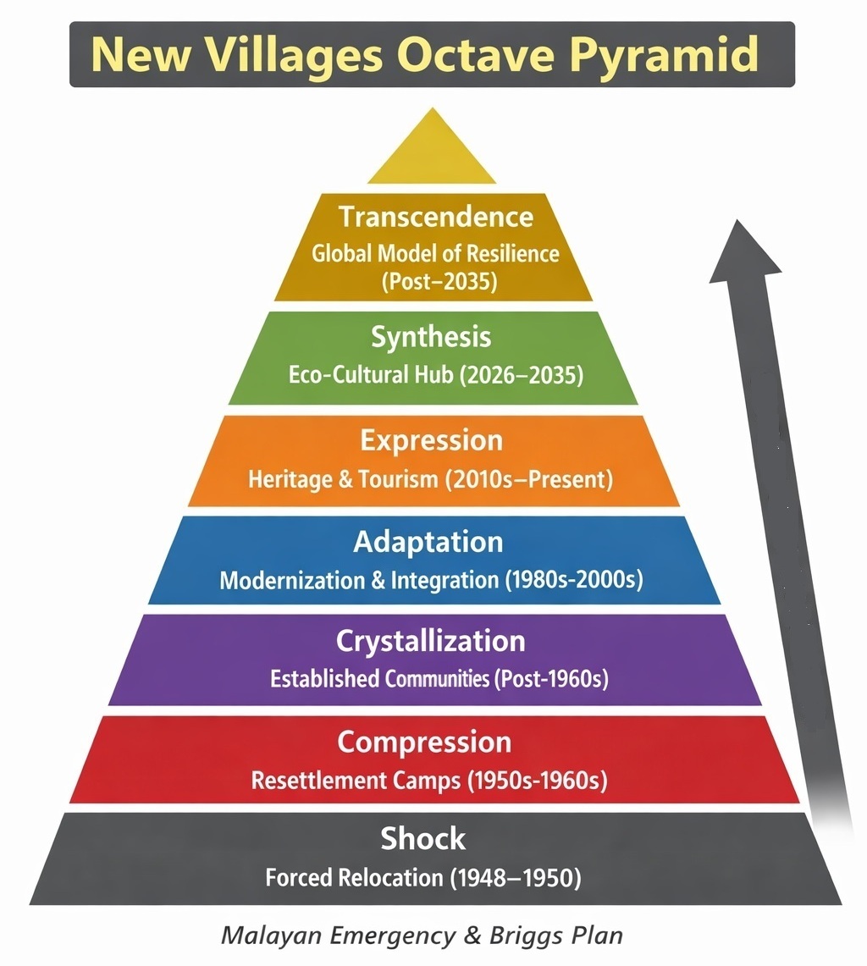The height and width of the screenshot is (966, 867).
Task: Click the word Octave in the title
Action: click(478, 54)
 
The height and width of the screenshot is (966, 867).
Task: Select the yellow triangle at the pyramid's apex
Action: click(432, 146)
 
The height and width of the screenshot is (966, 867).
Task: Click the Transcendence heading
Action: click(436, 217)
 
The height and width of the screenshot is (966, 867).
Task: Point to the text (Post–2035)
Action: click(439, 282)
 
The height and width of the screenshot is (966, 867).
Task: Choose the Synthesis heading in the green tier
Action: click(431, 337)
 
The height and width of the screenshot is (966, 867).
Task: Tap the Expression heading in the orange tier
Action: click(431, 441)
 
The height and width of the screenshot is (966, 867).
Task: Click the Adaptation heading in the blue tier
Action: click(428, 542)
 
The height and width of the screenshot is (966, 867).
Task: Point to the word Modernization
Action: click(293, 580)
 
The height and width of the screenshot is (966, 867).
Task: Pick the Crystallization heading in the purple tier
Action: click(431, 642)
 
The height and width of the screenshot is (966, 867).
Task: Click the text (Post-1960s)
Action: click(551, 679)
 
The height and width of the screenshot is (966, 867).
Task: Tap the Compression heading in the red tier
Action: click(424, 742)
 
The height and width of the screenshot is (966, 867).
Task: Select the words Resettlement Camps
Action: click(356, 781)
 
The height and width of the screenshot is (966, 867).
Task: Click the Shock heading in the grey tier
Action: click(422, 838)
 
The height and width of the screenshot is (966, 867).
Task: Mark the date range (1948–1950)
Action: click(516, 877)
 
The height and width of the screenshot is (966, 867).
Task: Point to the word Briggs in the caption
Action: click(527, 936)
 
